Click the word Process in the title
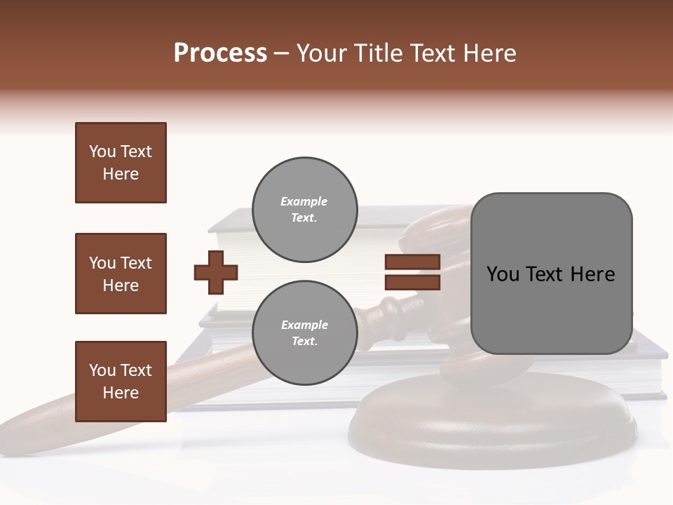pos(220,53)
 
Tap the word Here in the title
pos(490,53)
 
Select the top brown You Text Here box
pos(121,163)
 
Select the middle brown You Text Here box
pos(121,274)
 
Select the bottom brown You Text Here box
pos(121,382)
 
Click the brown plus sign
pos(216,272)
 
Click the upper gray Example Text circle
pos(304,210)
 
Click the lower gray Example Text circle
pos(304,332)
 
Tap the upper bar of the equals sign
pos(412,262)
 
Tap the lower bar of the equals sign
pos(412,282)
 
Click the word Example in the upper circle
pos(304,202)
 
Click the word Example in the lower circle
pos(304,325)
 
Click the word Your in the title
pos(319,53)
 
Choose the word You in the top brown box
pos(102,151)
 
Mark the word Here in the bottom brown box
pos(121,393)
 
